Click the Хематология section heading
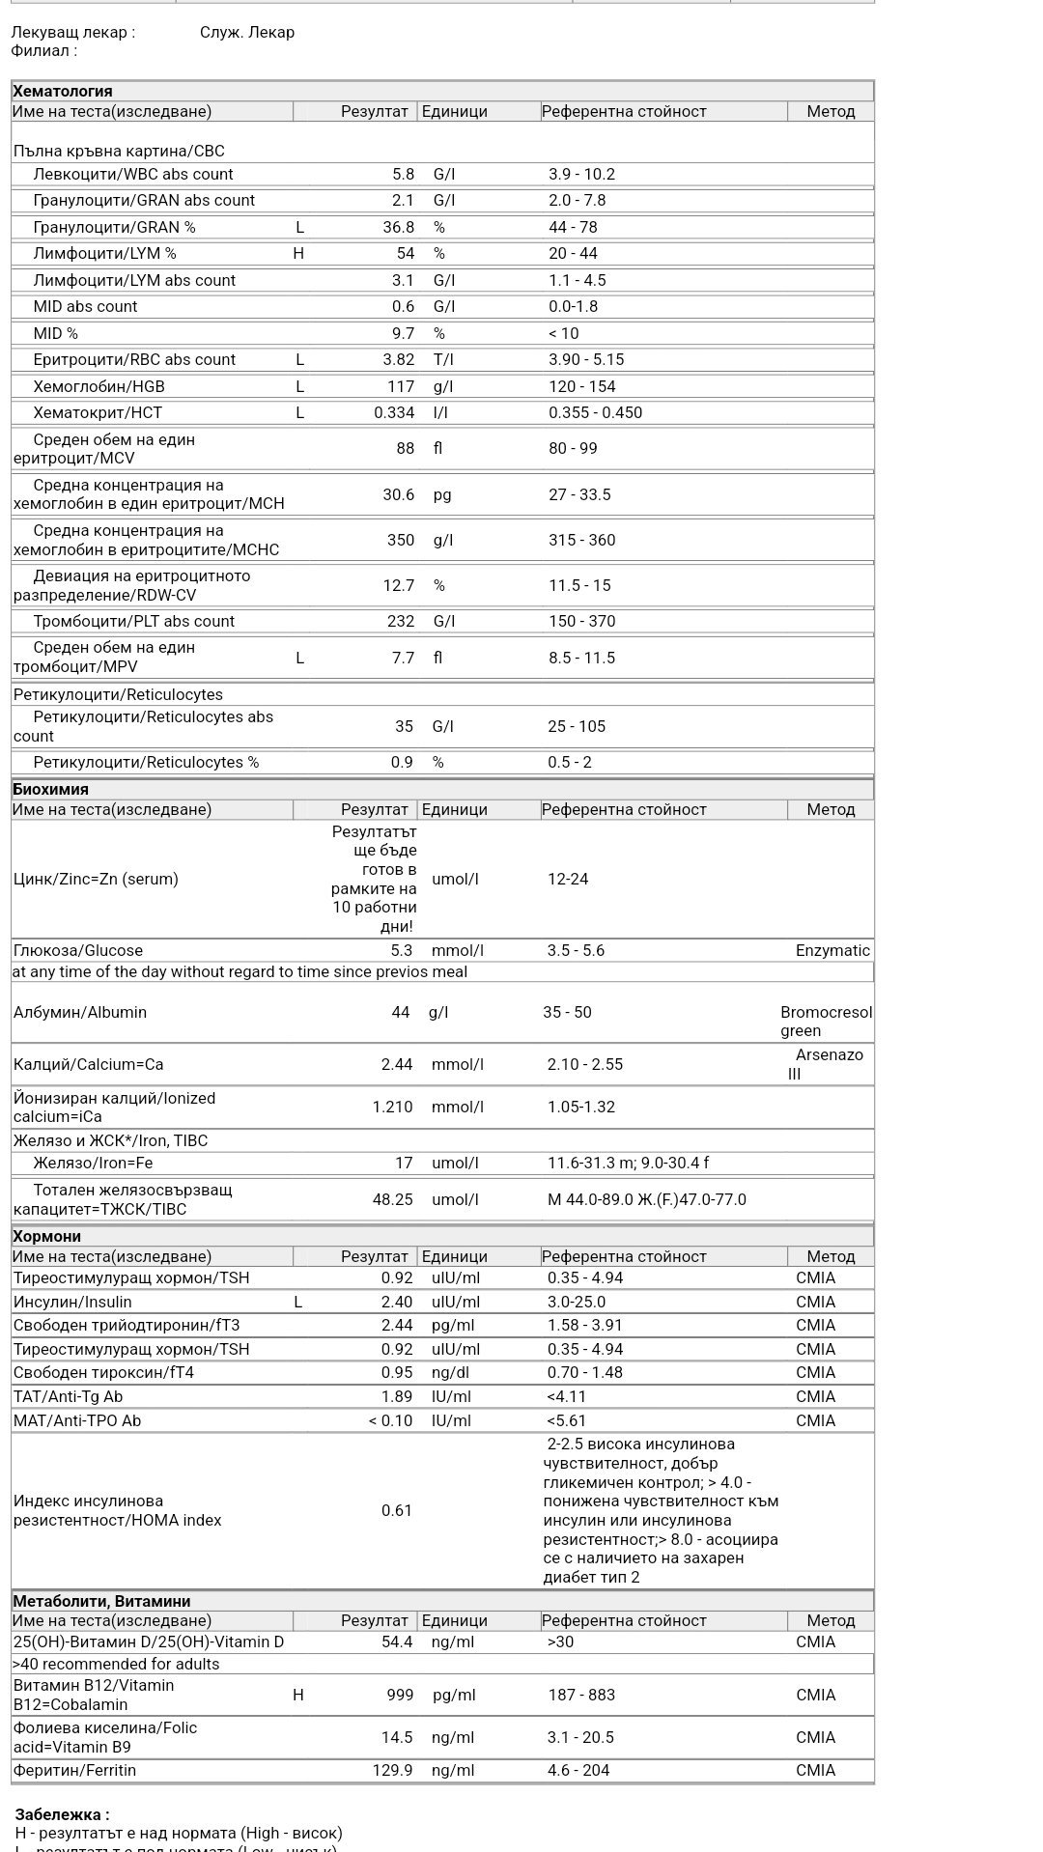click(x=63, y=92)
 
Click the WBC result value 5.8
click(x=403, y=175)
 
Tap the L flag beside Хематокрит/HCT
click(x=299, y=413)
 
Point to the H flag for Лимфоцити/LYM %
click(x=298, y=254)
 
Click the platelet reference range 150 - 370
click(x=581, y=622)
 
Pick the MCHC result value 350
click(x=401, y=541)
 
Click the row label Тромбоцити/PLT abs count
click(x=133, y=622)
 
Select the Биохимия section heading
click(x=50, y=790)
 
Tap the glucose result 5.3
click(x=402, y=951)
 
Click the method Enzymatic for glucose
click(x=832, y=951)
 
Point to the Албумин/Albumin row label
click(x=80, y=1013)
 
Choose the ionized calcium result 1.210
click(x=392, y=1108)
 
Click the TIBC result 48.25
click(x=392, y=1200)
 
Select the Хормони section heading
click(x=46, y=1237)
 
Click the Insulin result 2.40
click(x=396, y=1303)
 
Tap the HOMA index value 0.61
click(x=396, y=1511)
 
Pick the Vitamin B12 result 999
click(x=400, y=1696)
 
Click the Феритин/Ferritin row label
click(x=74, y=1771)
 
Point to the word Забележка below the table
click(x=62, y=1815)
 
